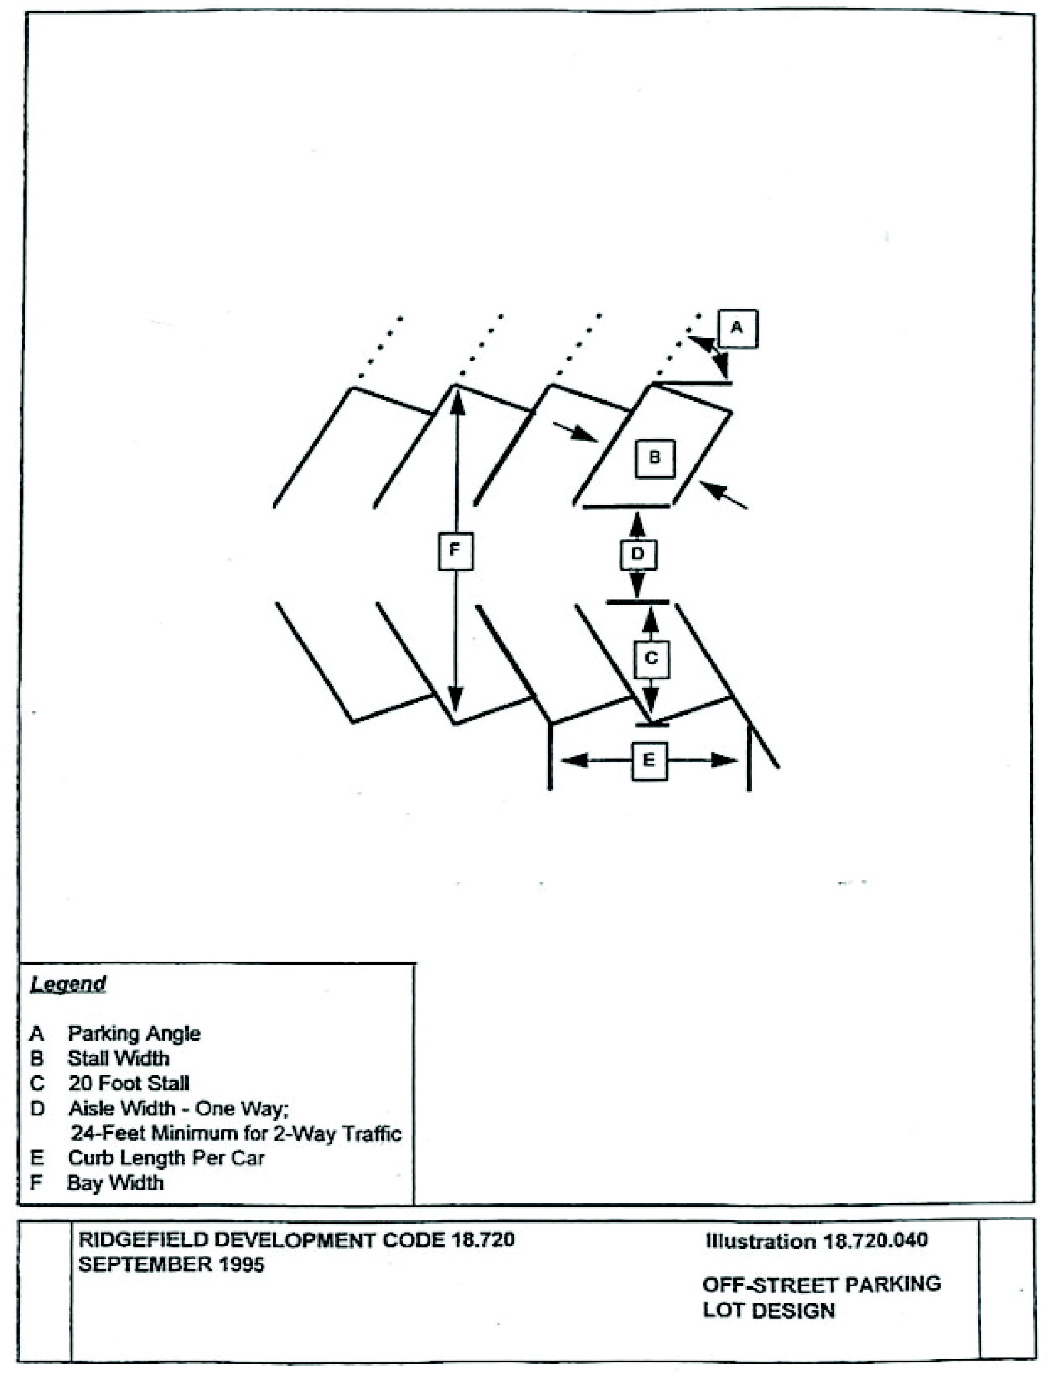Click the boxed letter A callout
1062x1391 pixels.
coord(737,329)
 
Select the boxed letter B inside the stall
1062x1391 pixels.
coord(655,458)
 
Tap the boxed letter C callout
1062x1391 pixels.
coord(651,659)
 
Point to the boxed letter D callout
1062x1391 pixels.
coord(637,554)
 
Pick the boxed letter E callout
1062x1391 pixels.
coord(649,760)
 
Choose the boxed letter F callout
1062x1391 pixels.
coord(455,551)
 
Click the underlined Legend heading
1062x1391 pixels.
coord(68,984)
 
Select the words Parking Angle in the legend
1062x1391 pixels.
coord(134,1034)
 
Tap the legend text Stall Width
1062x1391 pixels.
coord(119,1059)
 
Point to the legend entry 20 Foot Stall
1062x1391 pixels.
coord(129,1083)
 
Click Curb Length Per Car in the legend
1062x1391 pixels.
coord(166,1158)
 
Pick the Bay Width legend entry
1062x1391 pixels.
coord(115,1182)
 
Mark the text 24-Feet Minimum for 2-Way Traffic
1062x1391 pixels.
coord(236,1133)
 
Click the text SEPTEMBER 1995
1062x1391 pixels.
coord(171,1264)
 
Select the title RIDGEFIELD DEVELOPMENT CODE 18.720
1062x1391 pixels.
coord(296,1239)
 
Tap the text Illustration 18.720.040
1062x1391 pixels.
coord(816,1240)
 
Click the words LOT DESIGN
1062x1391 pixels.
coord(769,1310)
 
